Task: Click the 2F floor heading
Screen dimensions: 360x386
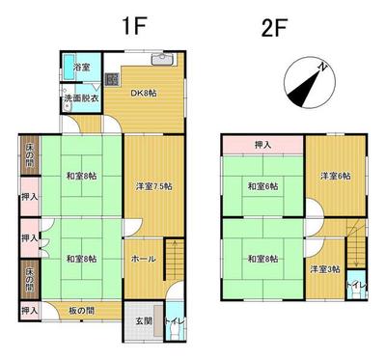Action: pyautogui.click(x=273, y=24)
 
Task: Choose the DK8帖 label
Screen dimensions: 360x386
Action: pyautogui.click(x=144, y=93)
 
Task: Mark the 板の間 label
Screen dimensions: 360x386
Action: pyautogui.click(x=81, y=311)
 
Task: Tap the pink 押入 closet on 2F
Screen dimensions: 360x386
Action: pyautogui.click(x=262, y=145)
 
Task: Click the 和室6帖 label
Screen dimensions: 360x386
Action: pyautogui.click(x=262, y=186)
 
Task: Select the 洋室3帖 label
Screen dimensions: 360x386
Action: pyautogui.click(x=325, y=268)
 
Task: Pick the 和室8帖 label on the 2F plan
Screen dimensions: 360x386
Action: pyautogui.click(x=262, y=259)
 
